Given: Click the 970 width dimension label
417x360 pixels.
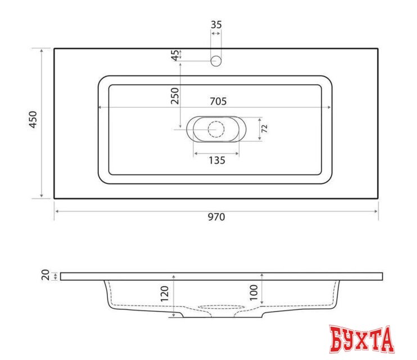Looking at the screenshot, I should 216,217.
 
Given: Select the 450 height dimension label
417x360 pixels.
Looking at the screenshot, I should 33,120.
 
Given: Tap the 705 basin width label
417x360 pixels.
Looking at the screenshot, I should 217,101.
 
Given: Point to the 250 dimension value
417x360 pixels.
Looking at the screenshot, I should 175,97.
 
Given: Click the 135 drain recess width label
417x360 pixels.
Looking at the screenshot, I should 216,160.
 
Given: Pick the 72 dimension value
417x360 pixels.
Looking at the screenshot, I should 265,128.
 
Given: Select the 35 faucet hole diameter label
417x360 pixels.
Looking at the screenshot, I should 216,24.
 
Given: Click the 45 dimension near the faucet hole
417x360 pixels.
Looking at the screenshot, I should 175,55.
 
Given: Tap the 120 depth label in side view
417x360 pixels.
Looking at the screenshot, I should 165,294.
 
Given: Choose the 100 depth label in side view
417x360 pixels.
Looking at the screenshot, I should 253,291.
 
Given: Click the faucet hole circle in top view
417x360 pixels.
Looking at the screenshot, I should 216,61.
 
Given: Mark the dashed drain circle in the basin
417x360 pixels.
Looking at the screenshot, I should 216,129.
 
